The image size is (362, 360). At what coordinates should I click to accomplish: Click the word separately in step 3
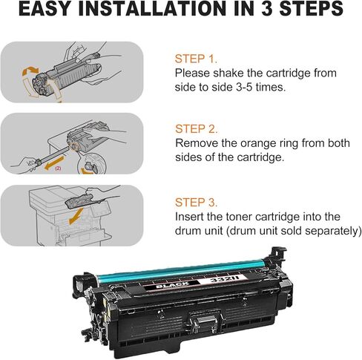tap(327, 231)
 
